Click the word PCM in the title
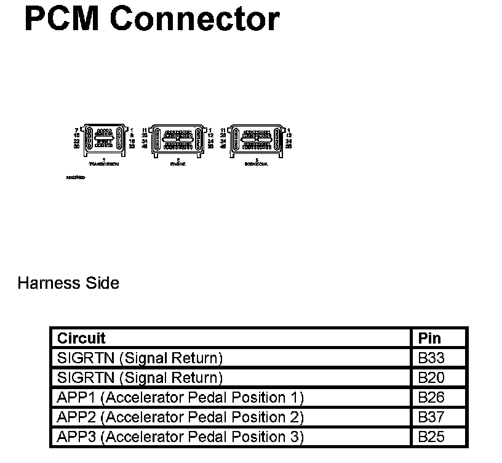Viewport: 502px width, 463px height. tap(64, 19)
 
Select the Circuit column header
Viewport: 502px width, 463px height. tap(81, 338)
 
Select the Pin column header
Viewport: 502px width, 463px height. tap(429, 338)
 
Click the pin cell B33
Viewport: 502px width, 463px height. tap(431, 358)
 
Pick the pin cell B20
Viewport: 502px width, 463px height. tap(431, 377)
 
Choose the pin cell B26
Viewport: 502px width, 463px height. tap(431, 397)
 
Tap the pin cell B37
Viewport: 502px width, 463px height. tap(431, 417)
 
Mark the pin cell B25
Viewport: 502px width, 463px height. tap(431, 437)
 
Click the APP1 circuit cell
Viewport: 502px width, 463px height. tap(180, 397)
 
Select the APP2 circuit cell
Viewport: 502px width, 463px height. tap(180, 417)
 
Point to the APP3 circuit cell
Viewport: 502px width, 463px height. tap(180, 437)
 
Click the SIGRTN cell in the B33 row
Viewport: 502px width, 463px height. tap(140, 358)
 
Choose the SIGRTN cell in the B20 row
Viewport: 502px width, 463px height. tap(140, 377)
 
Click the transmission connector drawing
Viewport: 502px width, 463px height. tap(103, 139)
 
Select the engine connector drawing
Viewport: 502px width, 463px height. tap(178, 140)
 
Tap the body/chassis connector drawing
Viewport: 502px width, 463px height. tap(255, 140)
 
